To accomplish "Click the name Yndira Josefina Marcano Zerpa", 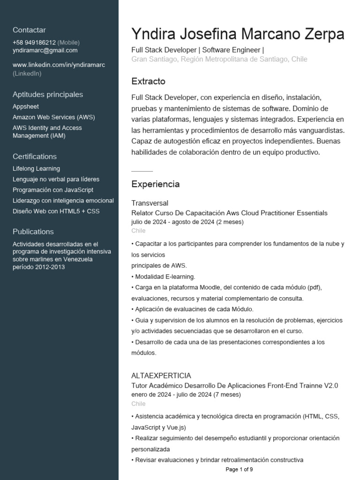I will (x=238, y=34).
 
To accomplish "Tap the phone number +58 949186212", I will (x=34, y=42).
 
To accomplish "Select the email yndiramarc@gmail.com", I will (x=45, y=51).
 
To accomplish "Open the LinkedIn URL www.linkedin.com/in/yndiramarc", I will (x=59, y=65).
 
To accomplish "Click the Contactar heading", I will (x=29, y=30).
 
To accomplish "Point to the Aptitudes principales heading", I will (x=48, y=94).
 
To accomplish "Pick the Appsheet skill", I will (x=26, y=106).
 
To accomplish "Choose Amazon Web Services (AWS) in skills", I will (x=53, y=117).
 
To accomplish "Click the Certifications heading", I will (x=35, y=157).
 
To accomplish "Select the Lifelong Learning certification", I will (x=36, y=169).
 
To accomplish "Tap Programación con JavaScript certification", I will (x=53, y=190).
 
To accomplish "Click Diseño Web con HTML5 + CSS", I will (x=56, y=211).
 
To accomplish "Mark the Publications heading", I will (x=33, y=232).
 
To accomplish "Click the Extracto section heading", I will (x=148, y=82).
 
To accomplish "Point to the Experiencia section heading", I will (x=155, y=184).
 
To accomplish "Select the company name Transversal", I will (x=150, y=203).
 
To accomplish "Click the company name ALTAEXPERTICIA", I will (x=161, y=375).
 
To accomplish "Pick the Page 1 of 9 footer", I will (x=239, y=469).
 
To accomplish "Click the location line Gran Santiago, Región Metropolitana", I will (x=219, y=60).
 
